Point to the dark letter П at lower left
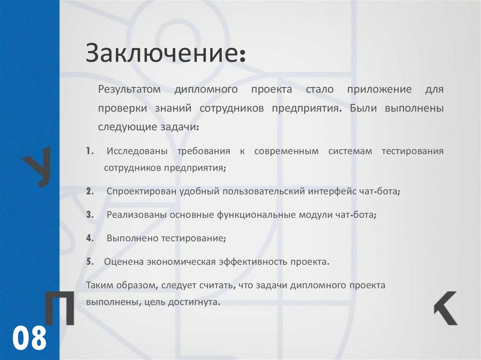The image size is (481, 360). coord(59,308)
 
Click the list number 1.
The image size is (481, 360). coord(89,151)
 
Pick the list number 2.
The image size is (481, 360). coord(89,191)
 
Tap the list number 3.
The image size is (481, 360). coord(89,214)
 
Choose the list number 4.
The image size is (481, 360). coord(89,237)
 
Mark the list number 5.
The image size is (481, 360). coord(89,261)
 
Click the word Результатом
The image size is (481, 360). coord(129,89)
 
